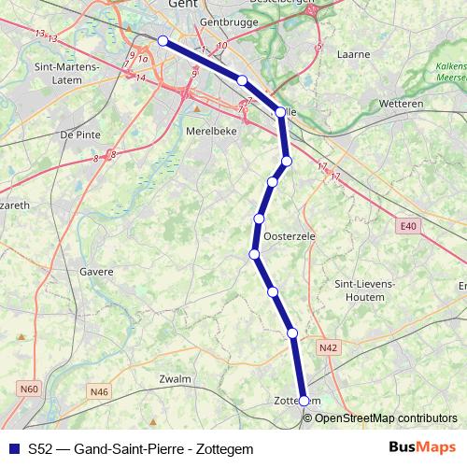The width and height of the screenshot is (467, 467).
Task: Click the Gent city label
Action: [181, 5]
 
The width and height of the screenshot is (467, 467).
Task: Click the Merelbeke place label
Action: [211, 133]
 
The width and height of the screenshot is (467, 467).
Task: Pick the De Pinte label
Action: [79, 134]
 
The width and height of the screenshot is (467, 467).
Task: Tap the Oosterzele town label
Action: [290, 237]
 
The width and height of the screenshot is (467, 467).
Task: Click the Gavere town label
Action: [97, 272]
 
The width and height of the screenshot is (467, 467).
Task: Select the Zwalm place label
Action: [175, 379]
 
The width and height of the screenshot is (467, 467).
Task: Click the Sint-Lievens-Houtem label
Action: [359, 290]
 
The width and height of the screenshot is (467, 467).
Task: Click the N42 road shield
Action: [327, 348]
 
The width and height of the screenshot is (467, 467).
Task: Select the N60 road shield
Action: [29, 389]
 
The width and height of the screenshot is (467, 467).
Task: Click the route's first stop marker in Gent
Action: [163, 40]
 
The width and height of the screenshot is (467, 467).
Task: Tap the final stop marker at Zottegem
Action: [304, 401]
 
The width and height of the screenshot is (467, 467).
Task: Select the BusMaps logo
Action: [421, 448]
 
